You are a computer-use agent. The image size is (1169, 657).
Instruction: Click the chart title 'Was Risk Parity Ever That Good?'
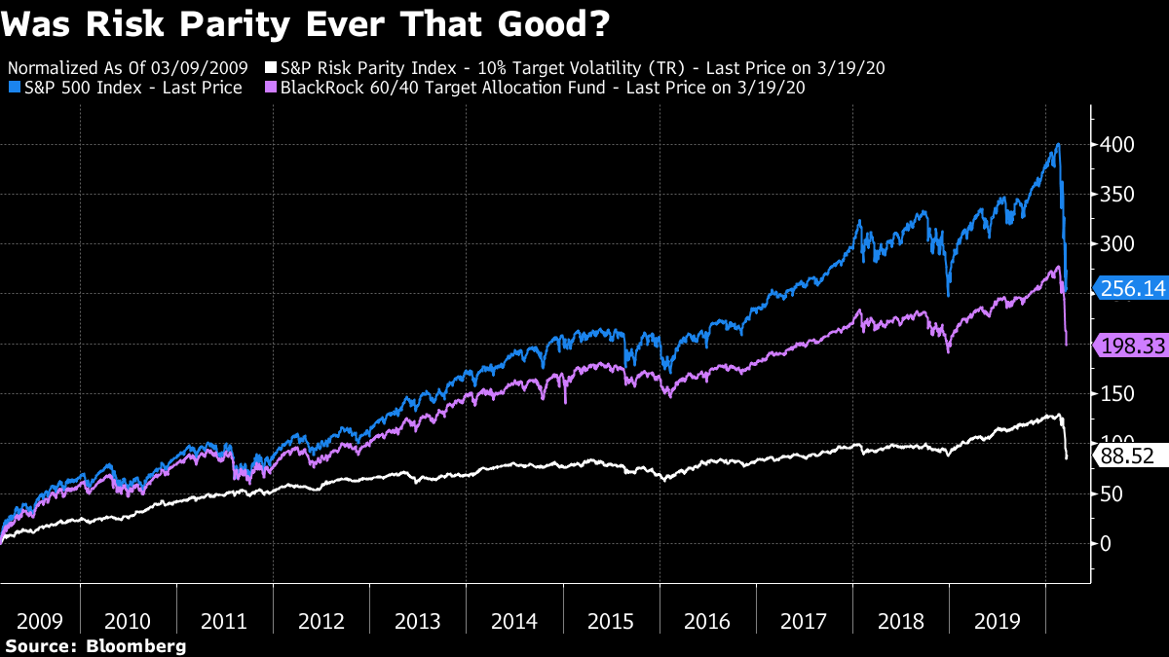click(306, 25)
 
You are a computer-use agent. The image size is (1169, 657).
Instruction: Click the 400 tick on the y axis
click(1116, 144)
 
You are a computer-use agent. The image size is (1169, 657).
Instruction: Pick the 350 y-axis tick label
click(1116, 194)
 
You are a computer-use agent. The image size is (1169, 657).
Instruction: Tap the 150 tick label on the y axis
click(1116, 393)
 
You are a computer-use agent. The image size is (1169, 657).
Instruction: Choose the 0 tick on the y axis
click(1105, 543)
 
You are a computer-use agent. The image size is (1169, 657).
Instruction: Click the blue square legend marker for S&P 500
click(13, 89)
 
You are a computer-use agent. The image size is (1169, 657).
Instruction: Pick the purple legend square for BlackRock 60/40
click(273, 89)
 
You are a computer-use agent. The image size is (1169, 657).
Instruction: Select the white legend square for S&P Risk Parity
click(273, 69)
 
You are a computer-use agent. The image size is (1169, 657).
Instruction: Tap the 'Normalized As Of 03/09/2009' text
click(133, 69)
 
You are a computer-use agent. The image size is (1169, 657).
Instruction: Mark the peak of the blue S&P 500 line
click(1058, 145)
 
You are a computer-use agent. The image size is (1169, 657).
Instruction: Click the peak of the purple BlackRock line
click(1058, 268)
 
